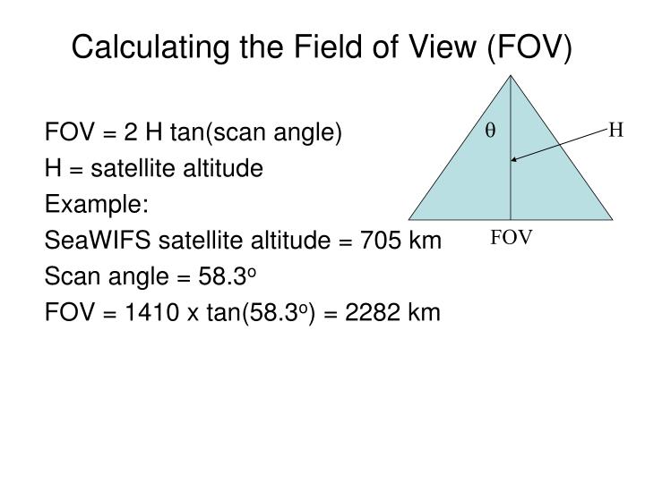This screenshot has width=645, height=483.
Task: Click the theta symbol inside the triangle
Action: tap(491, 131)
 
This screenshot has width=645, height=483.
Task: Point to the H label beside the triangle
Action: tap(615, 131)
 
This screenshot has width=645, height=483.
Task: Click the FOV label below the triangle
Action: tap(512, 237)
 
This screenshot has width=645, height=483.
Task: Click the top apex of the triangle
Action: tap(511, 75)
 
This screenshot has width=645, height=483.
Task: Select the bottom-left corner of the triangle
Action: tap(409, 219)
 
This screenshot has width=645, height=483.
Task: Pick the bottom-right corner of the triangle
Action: tap(613, 219)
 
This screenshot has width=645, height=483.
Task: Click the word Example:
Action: tap(96, 204)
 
